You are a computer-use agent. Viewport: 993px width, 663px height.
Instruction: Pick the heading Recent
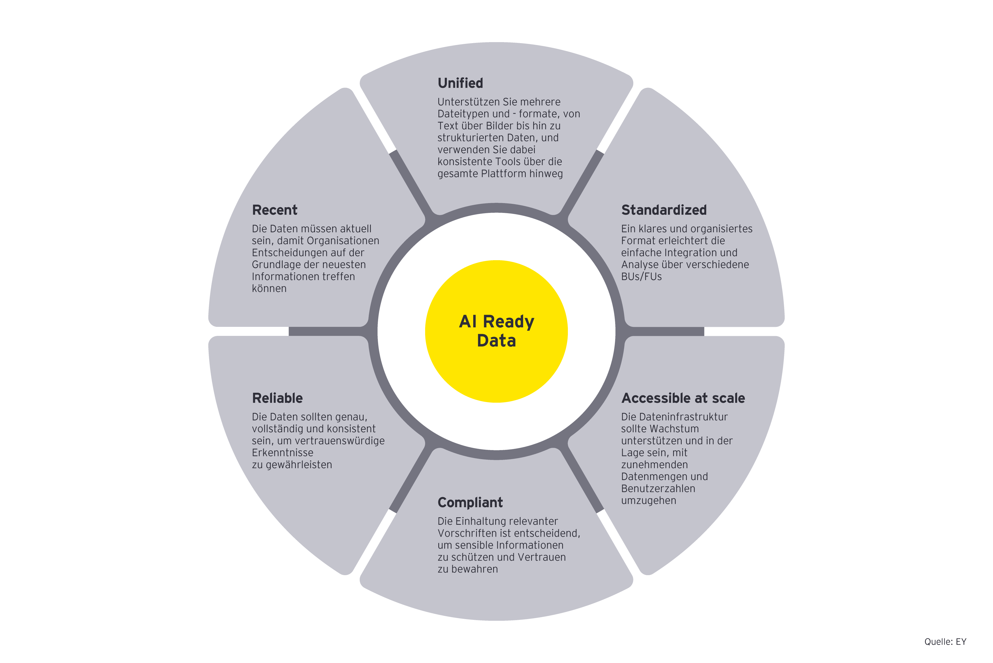275,210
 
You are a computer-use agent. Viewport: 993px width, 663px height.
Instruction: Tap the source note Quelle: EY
945,642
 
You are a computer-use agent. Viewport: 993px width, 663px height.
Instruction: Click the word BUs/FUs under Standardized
641,276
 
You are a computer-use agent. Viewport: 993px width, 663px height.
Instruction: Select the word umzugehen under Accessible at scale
648,501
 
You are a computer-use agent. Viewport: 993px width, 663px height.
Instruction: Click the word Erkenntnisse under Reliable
282,453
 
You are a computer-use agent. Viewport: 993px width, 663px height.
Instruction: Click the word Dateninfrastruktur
686,417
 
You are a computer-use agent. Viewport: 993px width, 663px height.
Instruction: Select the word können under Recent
269,289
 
